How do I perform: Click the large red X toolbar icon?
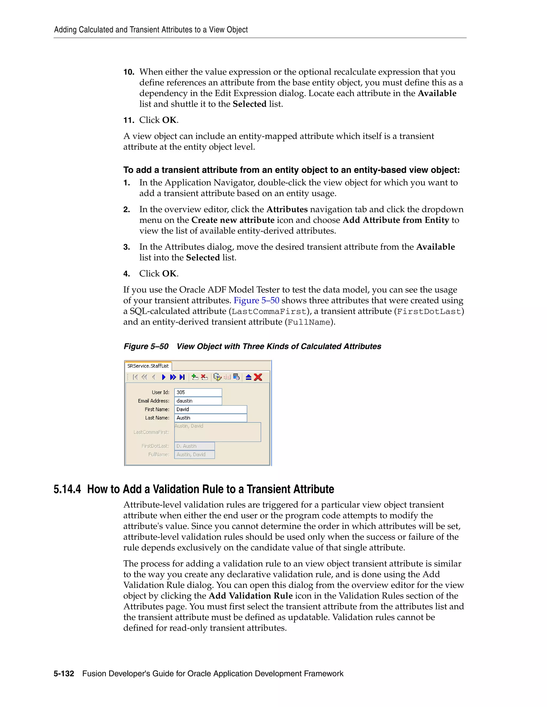click(x=258, y=377)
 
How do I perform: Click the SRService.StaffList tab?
click(x=148, y=366)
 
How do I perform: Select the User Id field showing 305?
click(x=198, y=392)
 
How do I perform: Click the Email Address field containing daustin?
click(x=198, y=401)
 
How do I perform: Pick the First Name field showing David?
click(x=211, y=410)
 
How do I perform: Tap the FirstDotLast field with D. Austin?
click(x=194, y=446)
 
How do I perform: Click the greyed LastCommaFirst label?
click(x=151, y=432)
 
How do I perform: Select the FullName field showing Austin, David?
click(x=194, y=455)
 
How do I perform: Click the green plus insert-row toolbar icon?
click(x=195, y=377)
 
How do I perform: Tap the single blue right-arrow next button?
click(x=164, y=377)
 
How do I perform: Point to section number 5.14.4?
click(x=67, y=489)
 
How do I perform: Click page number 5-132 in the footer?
click(x=64, y=674)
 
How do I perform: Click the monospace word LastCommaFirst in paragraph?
click(x=269, y=312)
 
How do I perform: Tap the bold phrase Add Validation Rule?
click(x=251, y=596)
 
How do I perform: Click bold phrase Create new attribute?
click(x=233, y=220)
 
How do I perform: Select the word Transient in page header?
click(x=144, y=30)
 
